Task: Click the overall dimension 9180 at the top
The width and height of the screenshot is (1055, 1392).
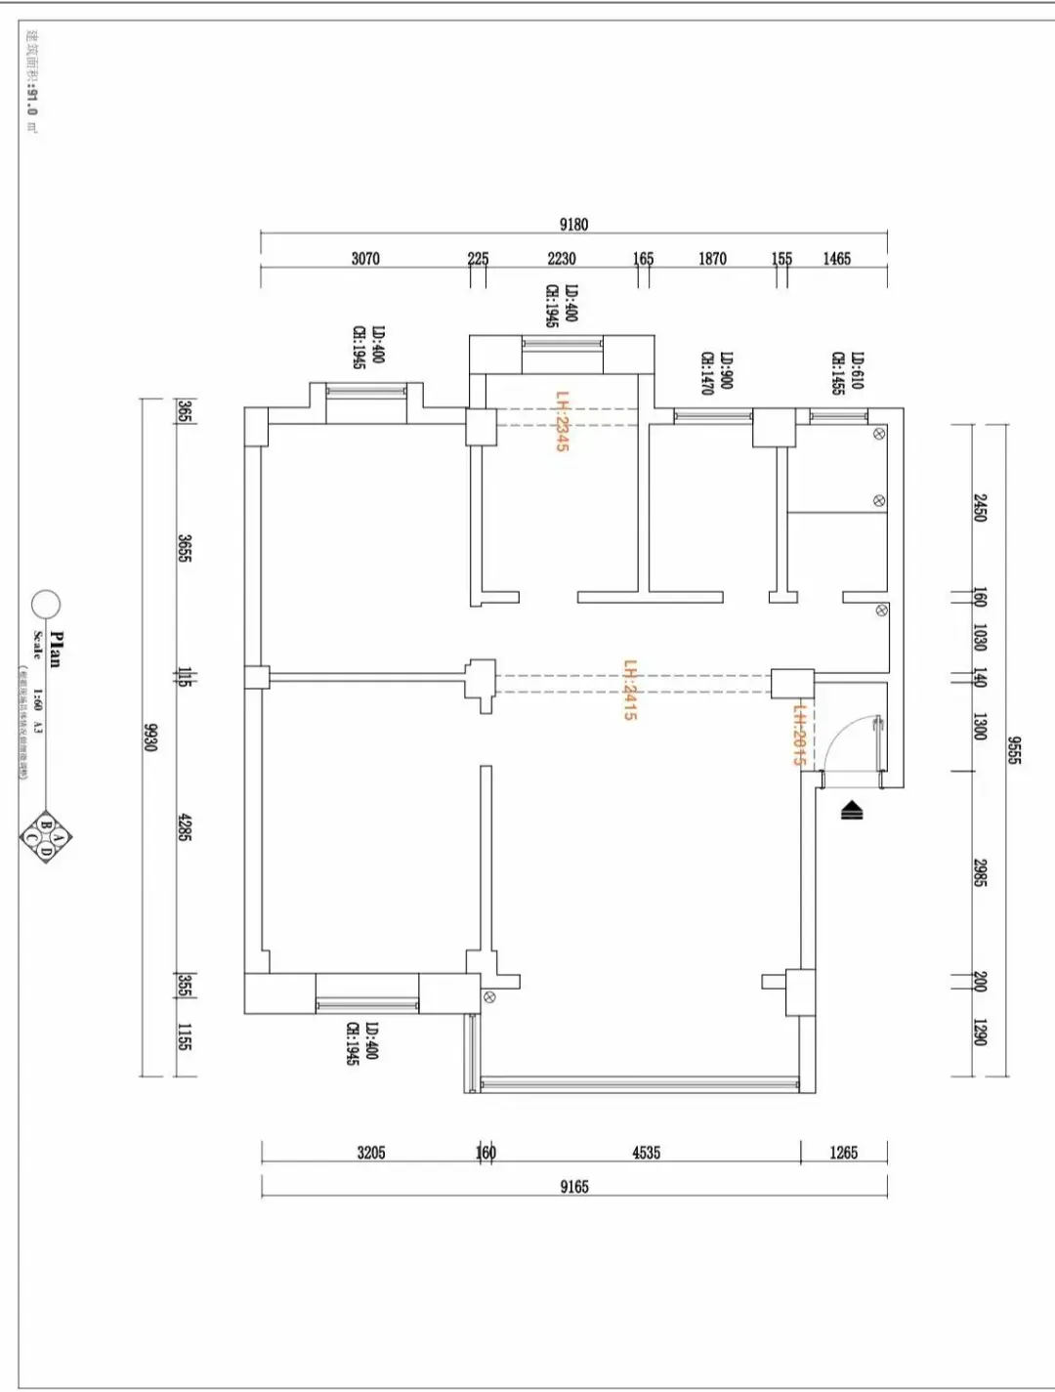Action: pos(573,225)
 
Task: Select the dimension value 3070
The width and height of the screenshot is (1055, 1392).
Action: pos(365,259)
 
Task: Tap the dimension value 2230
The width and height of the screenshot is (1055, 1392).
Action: pos(562,259)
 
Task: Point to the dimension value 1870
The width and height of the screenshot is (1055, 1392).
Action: pos(712,259)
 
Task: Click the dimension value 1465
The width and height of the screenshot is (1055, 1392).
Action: pos(836,259)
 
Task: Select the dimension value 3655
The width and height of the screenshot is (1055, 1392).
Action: pos(185,547)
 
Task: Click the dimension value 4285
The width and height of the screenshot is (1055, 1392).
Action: pos(185,827)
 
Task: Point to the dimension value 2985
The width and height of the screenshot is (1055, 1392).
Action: pos(980,872)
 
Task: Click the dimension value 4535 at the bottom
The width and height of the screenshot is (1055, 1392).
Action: pos(646,1153)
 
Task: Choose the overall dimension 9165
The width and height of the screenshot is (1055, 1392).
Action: pos(574,1187)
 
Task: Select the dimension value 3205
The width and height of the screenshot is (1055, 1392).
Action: pos(371,1153)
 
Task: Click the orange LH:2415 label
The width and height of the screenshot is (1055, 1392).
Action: pos(630,690)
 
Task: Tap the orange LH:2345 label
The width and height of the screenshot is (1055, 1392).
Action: pos(562,421)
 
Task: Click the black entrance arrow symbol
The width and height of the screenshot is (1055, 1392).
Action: pos(852,809)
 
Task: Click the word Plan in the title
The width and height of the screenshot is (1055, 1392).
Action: pos(56,649)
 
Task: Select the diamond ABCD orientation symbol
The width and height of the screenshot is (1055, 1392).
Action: pos(46,837)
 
